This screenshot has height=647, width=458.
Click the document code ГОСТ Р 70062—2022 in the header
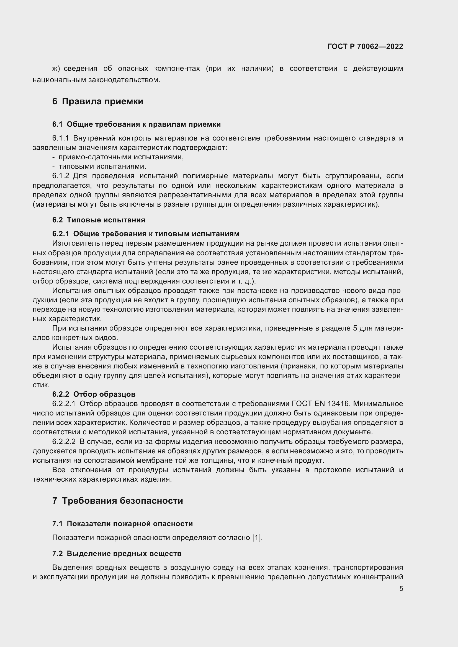click(x=365, y=46)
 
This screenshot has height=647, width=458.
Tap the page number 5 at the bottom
click(x=401, y=589)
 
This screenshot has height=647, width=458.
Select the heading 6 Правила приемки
click(x=97, y=101)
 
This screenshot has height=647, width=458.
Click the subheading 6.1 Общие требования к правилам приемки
click(x=137, y=124)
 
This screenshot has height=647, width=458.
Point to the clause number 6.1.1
click(x=61, y=138)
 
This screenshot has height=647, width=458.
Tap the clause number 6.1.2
click(x=61, y=176)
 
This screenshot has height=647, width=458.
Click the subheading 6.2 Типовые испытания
click(x=99, y=220)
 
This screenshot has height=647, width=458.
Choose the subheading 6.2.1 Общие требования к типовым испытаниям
click(x=146, y=234)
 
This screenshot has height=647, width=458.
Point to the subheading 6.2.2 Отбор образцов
click(x=94, y=394)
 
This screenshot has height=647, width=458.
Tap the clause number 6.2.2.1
click(x=64, y=404)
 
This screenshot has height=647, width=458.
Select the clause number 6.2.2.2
click(x=64, y=441)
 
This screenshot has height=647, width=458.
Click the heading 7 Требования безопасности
click(x=118, y=500)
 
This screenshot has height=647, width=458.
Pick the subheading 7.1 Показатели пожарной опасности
click(x=122, y=524)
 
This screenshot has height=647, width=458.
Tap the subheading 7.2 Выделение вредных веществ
click(x=117, y=554)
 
